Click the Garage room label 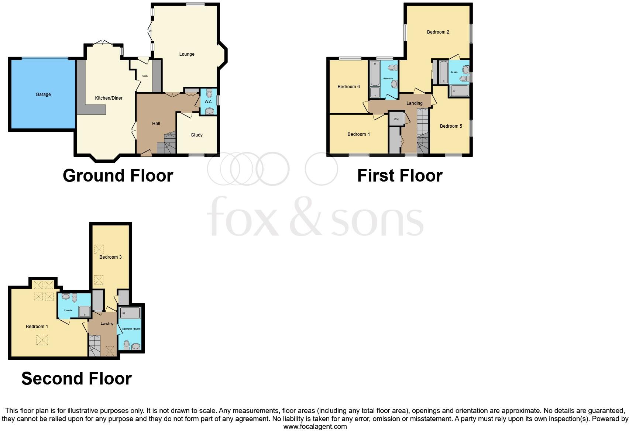coord(43,94)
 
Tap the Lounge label coord(187,54)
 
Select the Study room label coord(197,135)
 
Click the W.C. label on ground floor coord(208,102)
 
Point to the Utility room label coord(145,76)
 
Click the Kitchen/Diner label coord(109,98)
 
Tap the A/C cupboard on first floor coord(396,119)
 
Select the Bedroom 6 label coord(348,87)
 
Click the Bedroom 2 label coord(438,32)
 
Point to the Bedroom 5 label coord(451,126)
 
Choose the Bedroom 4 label coord(358,134)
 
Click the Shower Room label coord(131,329)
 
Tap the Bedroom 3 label coord(110,257)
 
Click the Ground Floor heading coord(118,176)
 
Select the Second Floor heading coord(76,379)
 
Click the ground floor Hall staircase coord(166,144)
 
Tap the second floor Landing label coord(107,324)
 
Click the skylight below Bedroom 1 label coord(42,340)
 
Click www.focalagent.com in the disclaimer coord(315,427)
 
